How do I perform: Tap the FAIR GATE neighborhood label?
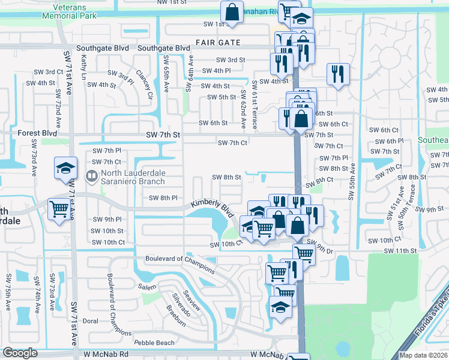(x=218, y=43)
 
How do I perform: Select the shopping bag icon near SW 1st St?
(x=232, y=11)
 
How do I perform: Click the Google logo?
(x=20, y=353)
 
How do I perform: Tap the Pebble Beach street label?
(x=154, y=343)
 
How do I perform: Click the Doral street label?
(x=90, y=321)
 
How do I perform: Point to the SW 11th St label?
(x=400, y=250)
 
